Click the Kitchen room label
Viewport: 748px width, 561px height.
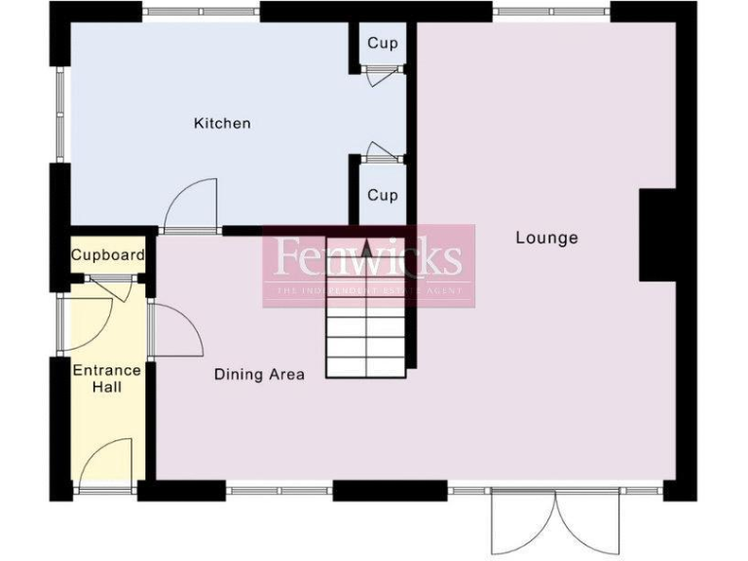pyautogui.click(x=222, y=124)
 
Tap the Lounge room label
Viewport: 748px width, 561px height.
pyautogui.click(x=546, y=238)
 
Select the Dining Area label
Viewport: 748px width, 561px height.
pyautogui.click(x=259, y=374)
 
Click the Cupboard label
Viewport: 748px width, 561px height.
pyautogui.click(x=107, y=256)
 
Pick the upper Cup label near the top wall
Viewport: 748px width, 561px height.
pyautogui.click(x=382, y=44)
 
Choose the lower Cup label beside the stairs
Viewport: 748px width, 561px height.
pyautogui.click(x=382, y=195)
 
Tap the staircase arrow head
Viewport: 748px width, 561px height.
pyautogui.click(x=366, y=249)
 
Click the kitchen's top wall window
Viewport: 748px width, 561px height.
pyautogui.click(x=202, y=12)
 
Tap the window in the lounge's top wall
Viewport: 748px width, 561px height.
pyautogui.click(x=551, y=12)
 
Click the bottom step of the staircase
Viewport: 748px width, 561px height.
pyautogui.click(x=365, y=367)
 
